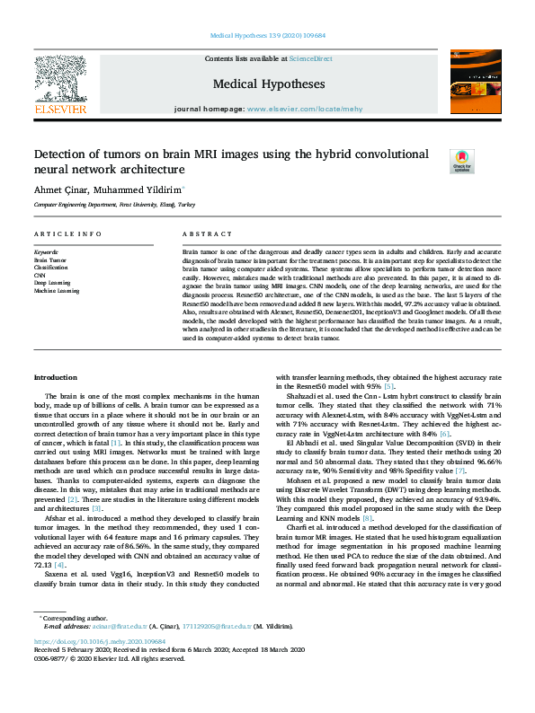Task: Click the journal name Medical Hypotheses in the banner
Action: (269, 84)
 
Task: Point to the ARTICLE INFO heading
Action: (67, 233)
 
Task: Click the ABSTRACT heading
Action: (201, 233)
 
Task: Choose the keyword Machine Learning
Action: (57, 291)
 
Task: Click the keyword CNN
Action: (40, 275)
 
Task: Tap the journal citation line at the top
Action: (268, 36)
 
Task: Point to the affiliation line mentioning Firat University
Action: (113, 205)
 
